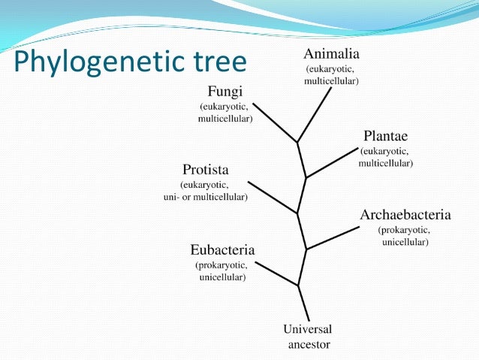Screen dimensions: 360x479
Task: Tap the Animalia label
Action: tap(332, 53)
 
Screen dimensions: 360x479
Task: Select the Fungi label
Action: tap(225, 92)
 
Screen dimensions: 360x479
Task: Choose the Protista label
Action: tap(205, 169)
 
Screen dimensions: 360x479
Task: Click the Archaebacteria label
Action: tap(405, 216)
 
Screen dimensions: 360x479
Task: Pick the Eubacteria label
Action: tap(223, 250)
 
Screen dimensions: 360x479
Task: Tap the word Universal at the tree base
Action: tap(307, 329)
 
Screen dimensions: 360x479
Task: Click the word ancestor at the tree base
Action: tap(309, 345)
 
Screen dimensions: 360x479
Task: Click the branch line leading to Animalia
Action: tap(315, 113)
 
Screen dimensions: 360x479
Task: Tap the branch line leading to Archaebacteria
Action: tap(332, 238)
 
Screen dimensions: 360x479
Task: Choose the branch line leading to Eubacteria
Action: tap(276, 273)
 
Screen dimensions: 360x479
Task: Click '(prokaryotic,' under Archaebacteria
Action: tap(404, 230)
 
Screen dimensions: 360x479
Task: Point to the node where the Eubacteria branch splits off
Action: tap(299, 285)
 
